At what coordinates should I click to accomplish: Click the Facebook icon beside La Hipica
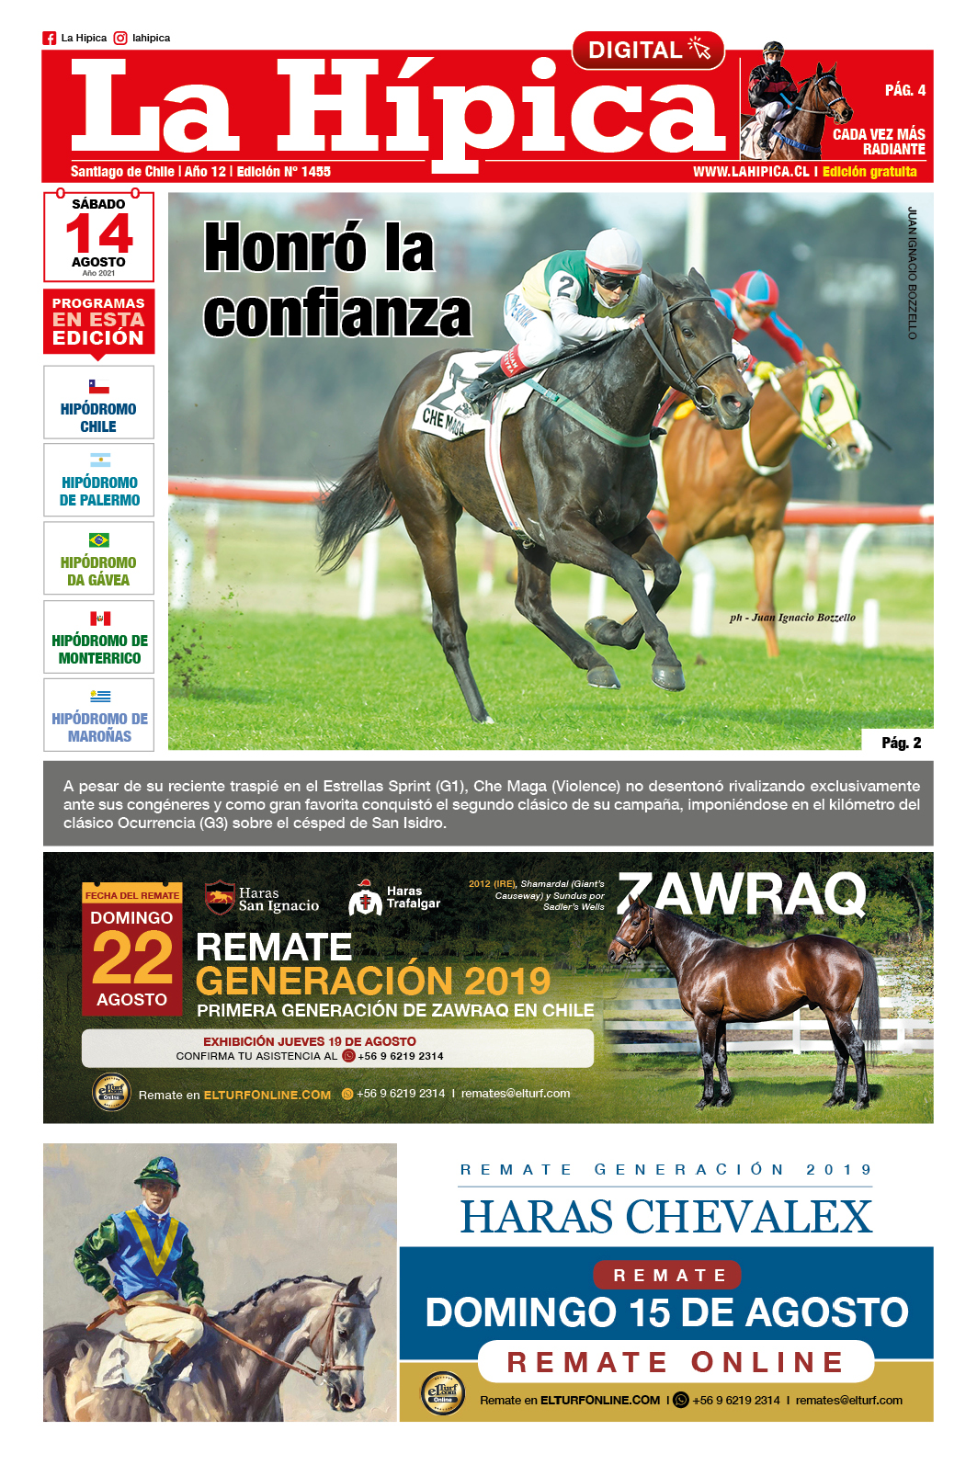(50, 39)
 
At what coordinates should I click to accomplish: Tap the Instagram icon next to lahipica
(120, 39)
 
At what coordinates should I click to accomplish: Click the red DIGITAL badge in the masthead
(647, 51)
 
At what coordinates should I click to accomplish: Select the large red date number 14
(99, 233)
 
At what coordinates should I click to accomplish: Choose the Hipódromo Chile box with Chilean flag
(98, 403)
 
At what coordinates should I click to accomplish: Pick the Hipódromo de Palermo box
(98, 481)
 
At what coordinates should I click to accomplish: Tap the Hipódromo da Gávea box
(98, 559)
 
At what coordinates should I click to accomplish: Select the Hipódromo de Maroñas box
(98, 716)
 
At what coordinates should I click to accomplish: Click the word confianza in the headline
(337, 313)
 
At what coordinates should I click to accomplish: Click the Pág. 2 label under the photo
(901, 743)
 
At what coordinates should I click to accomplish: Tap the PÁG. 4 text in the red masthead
(904, 90)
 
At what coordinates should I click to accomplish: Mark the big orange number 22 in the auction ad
(132, 958)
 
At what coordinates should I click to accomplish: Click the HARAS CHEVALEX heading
(665, 1217)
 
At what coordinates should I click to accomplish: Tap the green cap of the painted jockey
(156, 1170)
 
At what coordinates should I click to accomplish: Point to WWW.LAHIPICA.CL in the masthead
(750, 172)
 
